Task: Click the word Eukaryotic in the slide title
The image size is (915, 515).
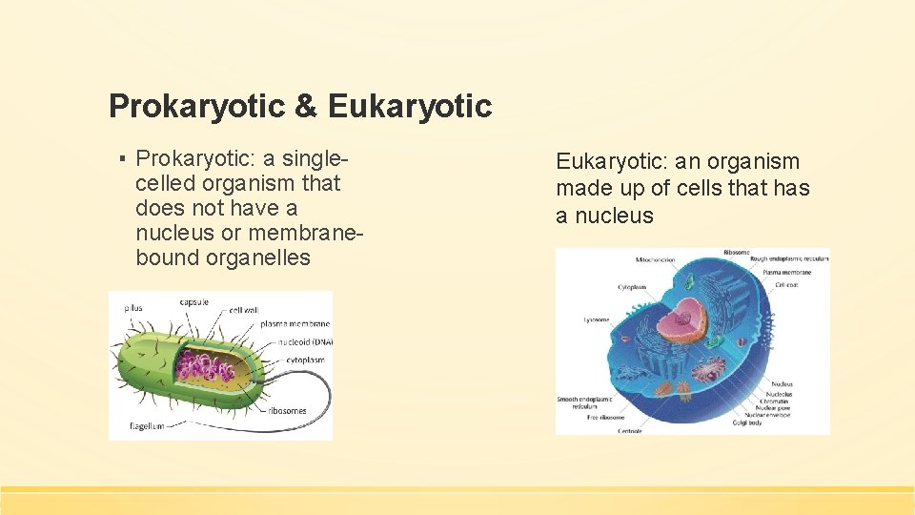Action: [410, 106]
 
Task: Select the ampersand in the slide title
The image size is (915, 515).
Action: [306, 106]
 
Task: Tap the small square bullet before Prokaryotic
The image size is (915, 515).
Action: [124, 156]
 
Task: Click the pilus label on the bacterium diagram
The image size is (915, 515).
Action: [134, 307]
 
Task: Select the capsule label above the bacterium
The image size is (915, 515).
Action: [193, 302]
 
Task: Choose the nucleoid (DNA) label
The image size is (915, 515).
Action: [306, 341]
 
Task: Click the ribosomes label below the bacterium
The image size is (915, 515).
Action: [287, 410]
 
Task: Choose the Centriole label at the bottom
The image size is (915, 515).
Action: [630, 431]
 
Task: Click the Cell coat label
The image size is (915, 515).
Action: [787, 284]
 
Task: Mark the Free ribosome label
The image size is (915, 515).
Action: [605, 417]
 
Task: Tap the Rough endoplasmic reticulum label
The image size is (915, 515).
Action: [789, 258]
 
